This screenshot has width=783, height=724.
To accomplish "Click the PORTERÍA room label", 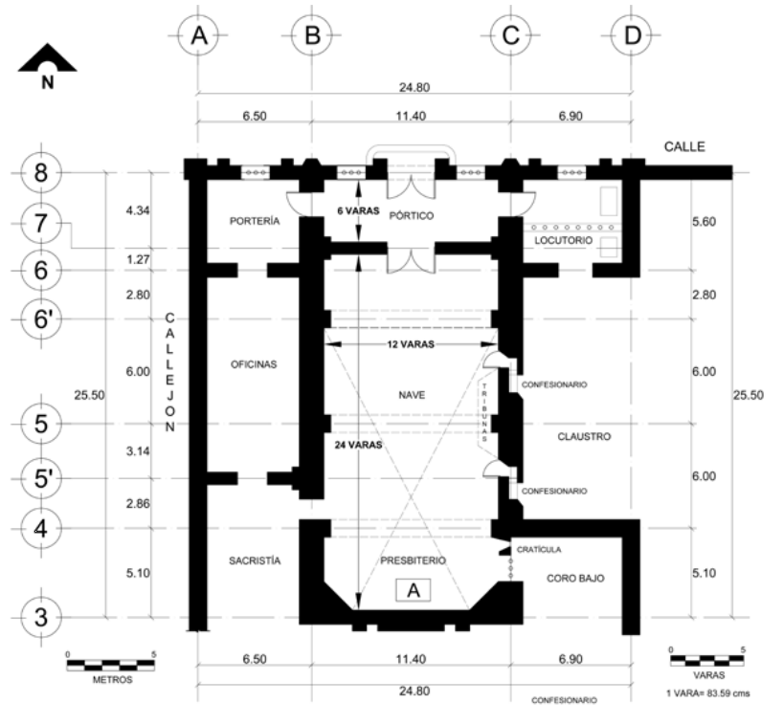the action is (x=255, y=221).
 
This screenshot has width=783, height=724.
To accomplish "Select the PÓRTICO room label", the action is (x=413, y=216).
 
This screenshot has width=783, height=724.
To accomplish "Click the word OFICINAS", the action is (x=254, y=363).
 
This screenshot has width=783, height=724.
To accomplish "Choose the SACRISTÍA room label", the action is (x=255, y=561).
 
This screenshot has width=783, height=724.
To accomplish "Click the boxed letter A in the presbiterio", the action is (x=414, y=590).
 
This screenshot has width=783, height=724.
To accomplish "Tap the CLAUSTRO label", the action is (x=584, y=437).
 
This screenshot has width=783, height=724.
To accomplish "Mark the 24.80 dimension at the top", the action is (x=414, y=87).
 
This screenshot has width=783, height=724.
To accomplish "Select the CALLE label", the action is (x=682, y=147).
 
